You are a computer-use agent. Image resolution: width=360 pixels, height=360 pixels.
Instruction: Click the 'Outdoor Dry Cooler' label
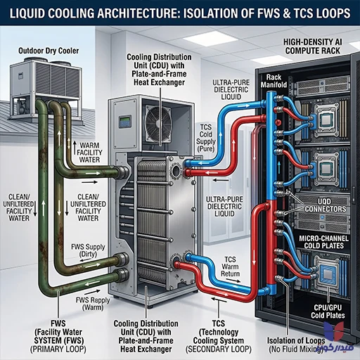point(49,51)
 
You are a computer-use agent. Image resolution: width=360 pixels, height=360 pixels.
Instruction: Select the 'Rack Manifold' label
point(274,81)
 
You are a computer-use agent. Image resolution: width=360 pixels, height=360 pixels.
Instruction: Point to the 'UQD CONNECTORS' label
point(325,205)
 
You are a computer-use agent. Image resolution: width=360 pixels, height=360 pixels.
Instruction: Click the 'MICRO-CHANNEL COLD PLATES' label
point(323,242)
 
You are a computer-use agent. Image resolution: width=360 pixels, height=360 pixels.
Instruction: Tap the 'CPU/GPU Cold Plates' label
point(328,311)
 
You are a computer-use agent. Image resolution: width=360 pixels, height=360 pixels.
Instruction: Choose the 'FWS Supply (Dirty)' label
point(88,250)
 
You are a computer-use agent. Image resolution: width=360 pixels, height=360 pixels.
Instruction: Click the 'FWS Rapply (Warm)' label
point(93,304)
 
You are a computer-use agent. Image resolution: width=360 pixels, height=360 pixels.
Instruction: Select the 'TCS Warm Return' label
point(230,266)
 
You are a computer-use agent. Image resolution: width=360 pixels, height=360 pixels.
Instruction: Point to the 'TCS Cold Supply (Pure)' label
point(206,138)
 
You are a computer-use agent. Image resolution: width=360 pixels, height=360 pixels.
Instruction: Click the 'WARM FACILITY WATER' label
point(89,153)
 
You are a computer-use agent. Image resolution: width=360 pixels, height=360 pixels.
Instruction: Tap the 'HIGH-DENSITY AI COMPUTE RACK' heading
point(313,46)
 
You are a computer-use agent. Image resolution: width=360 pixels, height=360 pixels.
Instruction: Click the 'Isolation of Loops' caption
point(296,340)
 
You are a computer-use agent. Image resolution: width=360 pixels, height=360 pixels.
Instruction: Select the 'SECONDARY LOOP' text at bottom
point(219,349)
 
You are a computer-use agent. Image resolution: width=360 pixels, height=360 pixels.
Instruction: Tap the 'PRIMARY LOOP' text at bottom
point(58,349)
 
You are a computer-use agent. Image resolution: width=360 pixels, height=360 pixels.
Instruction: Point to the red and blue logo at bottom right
point(334,331)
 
